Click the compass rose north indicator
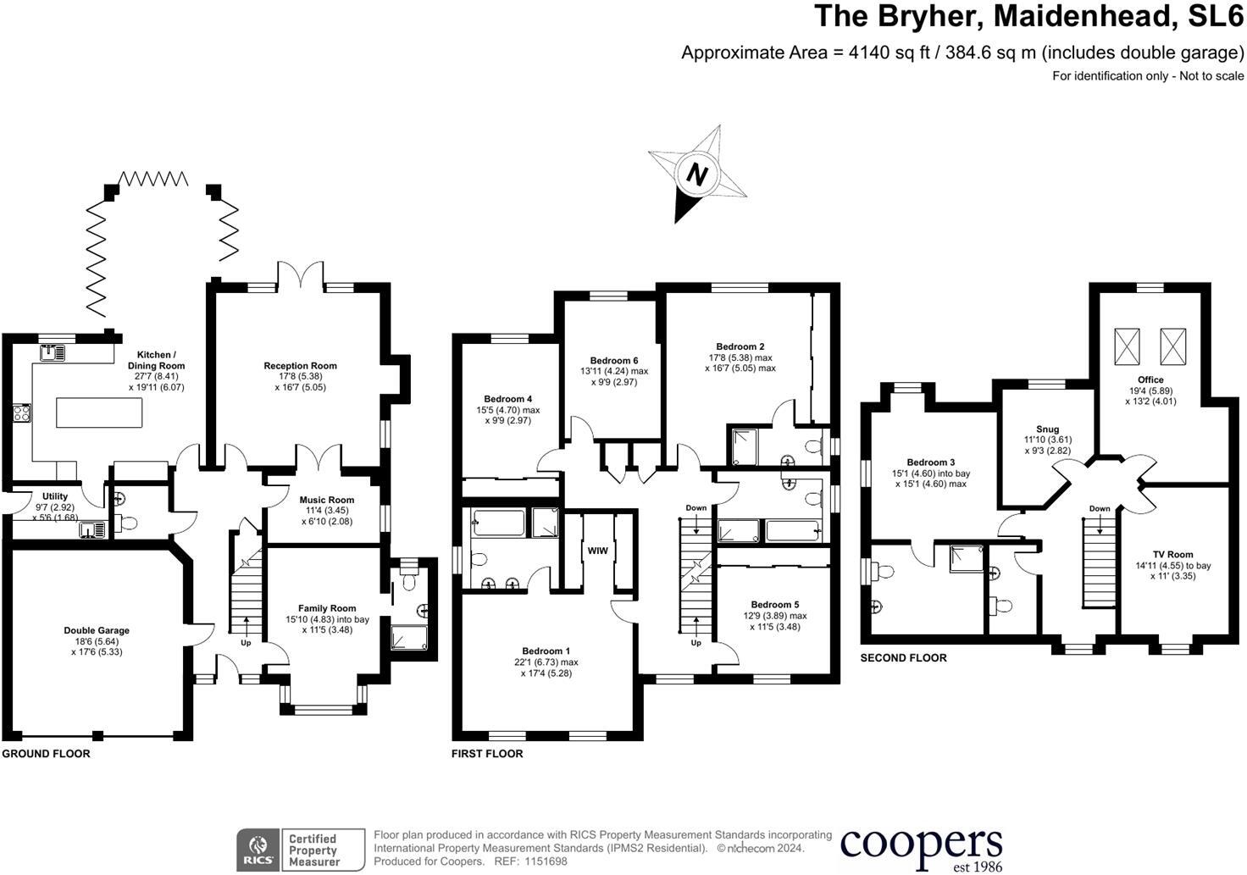696,174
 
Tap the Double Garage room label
97,630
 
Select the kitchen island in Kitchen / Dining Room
99,413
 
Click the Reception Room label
300,366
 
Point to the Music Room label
327,500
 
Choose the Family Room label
327,608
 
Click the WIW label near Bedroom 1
597,551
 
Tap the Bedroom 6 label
614,361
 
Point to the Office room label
1150,379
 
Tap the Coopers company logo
921,847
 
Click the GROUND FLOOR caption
46,753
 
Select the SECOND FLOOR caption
903,657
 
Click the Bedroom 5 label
774,605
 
